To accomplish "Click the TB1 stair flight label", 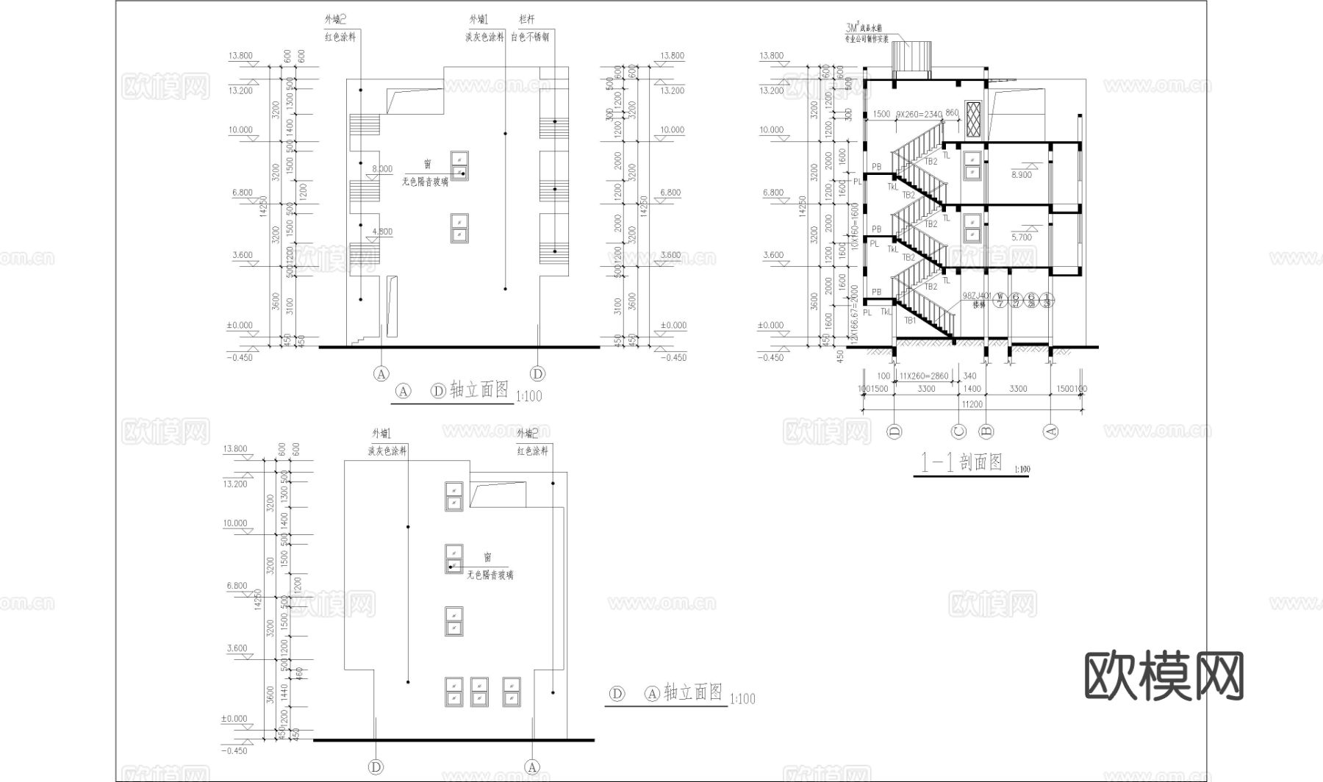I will point(910,320).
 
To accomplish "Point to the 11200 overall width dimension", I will point(972,403).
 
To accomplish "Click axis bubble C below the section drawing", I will point(958,431).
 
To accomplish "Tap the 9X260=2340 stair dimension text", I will point(919,115).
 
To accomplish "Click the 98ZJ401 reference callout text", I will point(975,296).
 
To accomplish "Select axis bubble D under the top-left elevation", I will point(538,374).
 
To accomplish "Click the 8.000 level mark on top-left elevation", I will point(382,169).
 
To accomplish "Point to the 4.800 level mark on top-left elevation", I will point(382,232).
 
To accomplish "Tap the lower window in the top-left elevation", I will point(459,227).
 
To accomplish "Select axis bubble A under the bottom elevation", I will point(531,767).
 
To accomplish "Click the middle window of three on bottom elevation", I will point(479,692).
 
